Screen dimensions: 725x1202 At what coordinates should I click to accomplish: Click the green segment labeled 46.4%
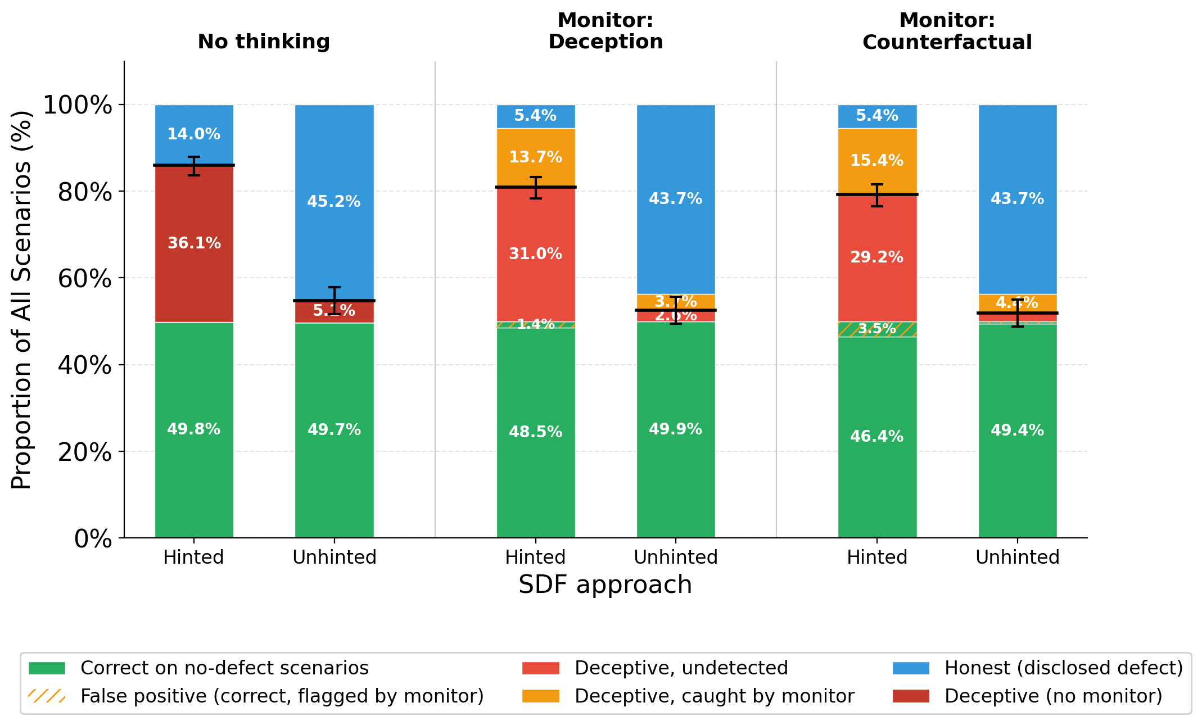click(x=877, y=437)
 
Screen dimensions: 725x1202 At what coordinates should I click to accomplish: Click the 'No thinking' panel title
click(x=264, y=42)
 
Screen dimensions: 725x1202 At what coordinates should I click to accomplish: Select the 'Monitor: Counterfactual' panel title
click(x=947, y=31)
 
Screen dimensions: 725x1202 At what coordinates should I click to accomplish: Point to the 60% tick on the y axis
click(x=85, y=279)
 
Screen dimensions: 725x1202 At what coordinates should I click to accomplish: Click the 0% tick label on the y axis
click(x=93, y=539)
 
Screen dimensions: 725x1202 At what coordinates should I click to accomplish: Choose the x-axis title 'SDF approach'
click(x=605, y=585)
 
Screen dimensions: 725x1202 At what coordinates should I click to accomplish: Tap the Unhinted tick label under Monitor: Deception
click(x=676, y=558)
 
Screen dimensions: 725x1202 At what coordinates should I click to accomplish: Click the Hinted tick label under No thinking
click(x=194, y=558)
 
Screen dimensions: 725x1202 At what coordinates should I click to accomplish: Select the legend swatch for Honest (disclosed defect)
click(x=911, y=668)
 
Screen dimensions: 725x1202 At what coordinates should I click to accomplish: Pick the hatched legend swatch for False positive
click(x=47, y=696)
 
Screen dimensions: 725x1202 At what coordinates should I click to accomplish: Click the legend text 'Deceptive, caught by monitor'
click(x=714, y=696)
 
